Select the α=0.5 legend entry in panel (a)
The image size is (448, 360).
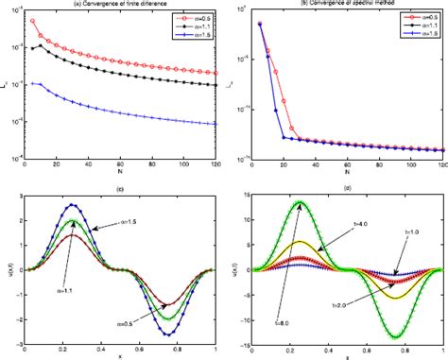[188, 19]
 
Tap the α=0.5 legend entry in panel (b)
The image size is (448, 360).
[413, 19]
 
